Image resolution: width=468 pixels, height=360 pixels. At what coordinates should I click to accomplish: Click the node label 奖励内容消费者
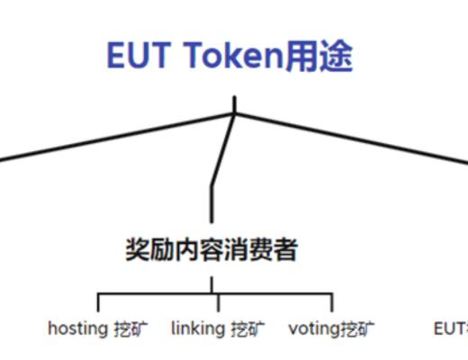(x=211, y=249)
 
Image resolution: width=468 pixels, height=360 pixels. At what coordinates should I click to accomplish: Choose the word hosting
(x=77, y=328)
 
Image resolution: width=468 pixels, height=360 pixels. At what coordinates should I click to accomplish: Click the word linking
(x=197, y=328)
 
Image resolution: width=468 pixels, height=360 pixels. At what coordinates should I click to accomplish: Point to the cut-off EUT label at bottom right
(x=449, y=328)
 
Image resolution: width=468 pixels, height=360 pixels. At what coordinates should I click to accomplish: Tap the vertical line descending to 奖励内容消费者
(x=212, y=202)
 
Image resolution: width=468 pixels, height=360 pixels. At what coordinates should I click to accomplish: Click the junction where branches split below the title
(x=235, y=113)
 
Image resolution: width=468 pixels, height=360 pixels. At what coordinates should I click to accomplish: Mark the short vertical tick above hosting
(x=99, y=302)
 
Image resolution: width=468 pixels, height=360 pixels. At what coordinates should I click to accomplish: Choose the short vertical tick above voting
(x=331, y=302)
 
